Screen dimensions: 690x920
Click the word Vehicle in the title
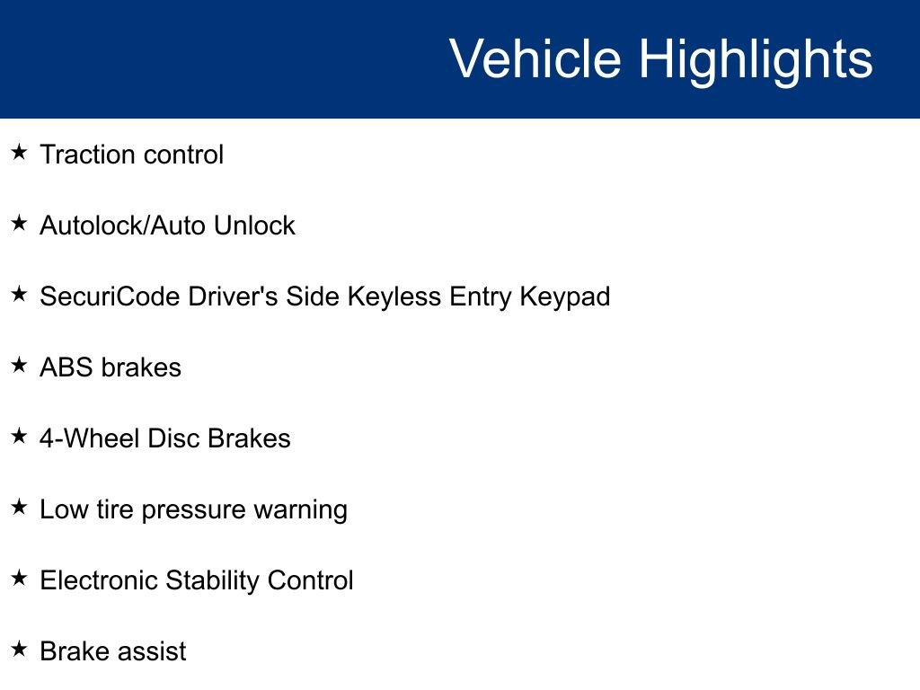click(535, 59)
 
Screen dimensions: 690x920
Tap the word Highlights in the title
click(756, 59)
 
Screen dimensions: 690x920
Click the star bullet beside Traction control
click(20, 153)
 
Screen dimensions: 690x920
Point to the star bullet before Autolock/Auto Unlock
click(20, 224)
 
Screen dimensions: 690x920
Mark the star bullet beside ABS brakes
click(20, 366)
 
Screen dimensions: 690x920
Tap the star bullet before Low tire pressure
click(20, 508)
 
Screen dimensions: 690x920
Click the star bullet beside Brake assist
click(20, 649)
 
